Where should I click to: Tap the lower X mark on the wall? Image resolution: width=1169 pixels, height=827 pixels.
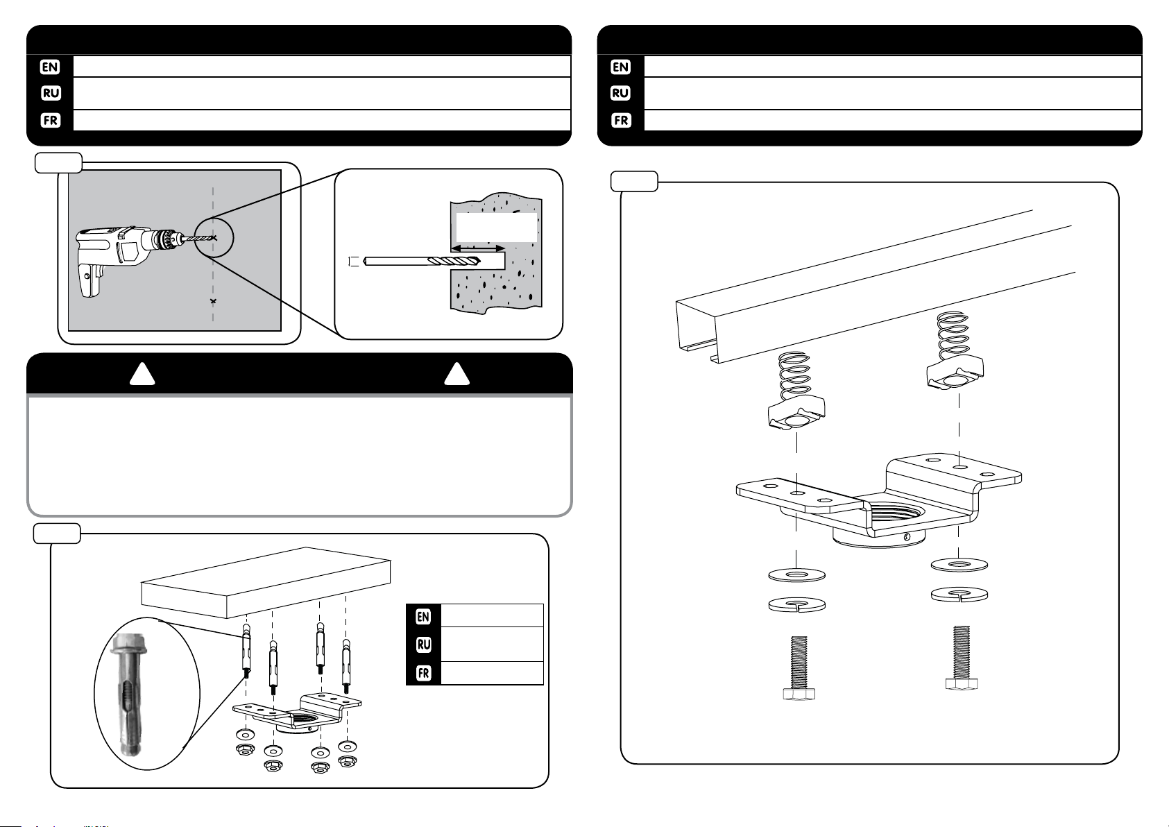213,301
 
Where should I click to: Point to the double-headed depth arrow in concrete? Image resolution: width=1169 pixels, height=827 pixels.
478,248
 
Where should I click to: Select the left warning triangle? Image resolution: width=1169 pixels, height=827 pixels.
142,375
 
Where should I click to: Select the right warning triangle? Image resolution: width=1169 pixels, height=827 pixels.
456,375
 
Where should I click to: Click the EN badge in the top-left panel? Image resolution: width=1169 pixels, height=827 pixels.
51,67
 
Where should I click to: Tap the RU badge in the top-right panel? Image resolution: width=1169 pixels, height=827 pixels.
620,93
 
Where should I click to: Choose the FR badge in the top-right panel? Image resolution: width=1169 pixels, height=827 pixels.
620,120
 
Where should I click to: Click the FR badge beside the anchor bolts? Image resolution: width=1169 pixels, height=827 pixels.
423,673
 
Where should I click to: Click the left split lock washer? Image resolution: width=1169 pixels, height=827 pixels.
796,604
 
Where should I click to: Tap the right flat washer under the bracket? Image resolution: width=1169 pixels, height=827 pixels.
959,565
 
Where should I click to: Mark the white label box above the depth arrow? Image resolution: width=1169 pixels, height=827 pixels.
497,227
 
